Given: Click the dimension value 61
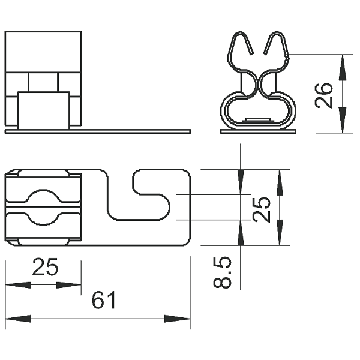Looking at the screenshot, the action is pos(104,300).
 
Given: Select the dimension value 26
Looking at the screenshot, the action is pos(324,95).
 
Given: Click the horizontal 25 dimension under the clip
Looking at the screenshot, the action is pos(45,267).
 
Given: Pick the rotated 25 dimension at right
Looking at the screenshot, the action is pos(261,209).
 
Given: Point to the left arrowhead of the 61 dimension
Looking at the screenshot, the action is pos(18,319).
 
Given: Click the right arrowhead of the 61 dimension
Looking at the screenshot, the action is pos(177,319).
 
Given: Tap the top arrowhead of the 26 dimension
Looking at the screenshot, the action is pos(343,67).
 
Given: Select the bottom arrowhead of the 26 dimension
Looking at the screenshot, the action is pos(343,120).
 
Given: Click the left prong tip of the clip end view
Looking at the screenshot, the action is pos(252,53).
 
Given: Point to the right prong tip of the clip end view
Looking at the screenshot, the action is pos(265,53).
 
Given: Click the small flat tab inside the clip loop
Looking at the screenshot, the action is pos(258,119).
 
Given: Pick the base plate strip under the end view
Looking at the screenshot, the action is pos(258,131).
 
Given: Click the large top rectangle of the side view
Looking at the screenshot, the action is pos(43,52).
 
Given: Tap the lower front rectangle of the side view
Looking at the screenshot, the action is pos(44,110).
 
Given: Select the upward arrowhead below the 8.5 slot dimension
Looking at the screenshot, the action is pos(241,233).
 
